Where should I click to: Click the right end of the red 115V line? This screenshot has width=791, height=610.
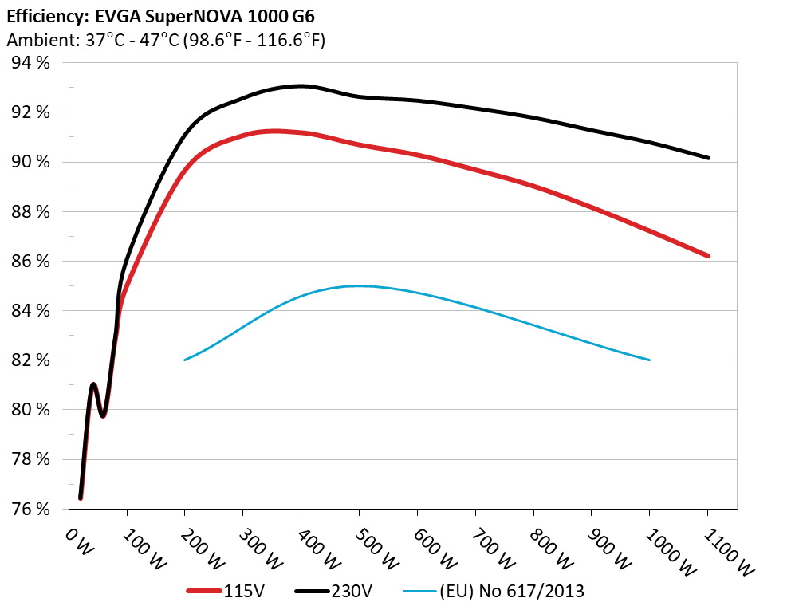pyautogui.click(x=708, y=256)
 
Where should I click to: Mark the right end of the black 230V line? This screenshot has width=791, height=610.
pyautogui.click(x=708, y=158)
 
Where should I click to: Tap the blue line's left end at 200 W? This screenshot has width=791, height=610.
pyautogui.click(x=185, y=360)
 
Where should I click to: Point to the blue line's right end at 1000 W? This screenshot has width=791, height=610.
pyautogui.click(x=650, y=360)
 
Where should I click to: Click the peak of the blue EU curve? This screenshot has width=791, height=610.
pyautogui.click(x=359, y=285)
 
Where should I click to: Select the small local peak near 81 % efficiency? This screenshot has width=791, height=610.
pyautogui.click(x=94, y=384)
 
